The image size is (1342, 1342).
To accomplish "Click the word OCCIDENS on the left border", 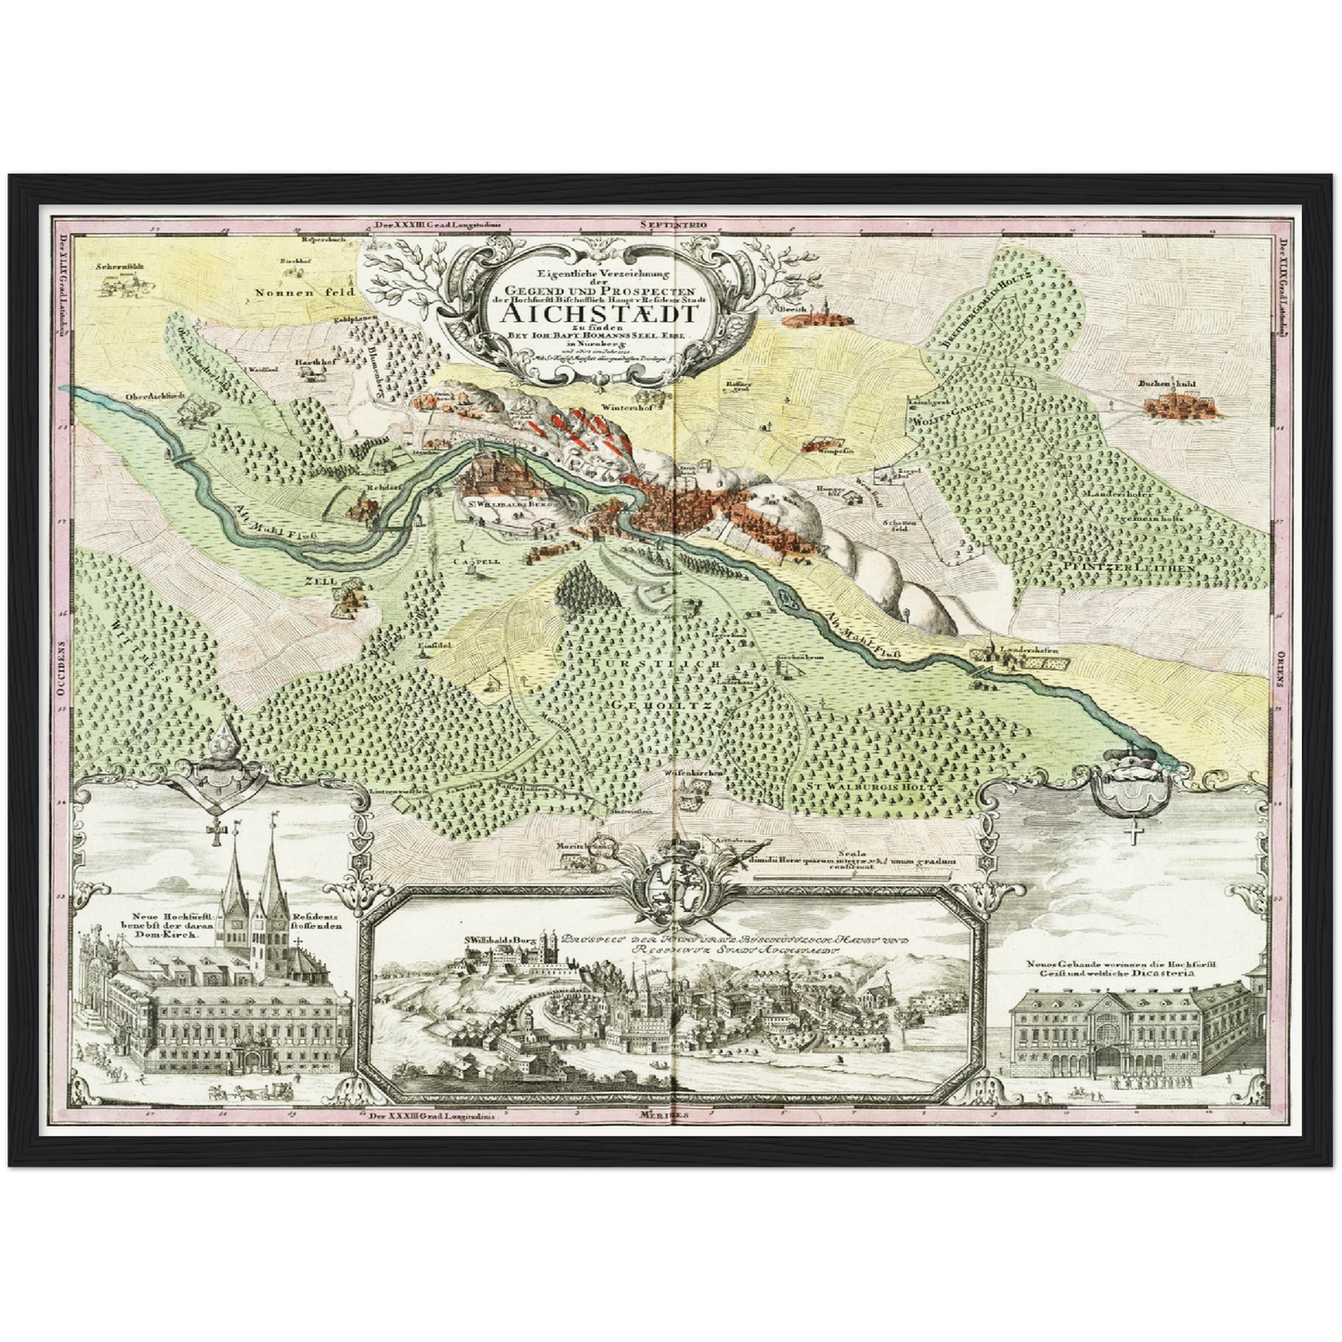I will tap(64, 673).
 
